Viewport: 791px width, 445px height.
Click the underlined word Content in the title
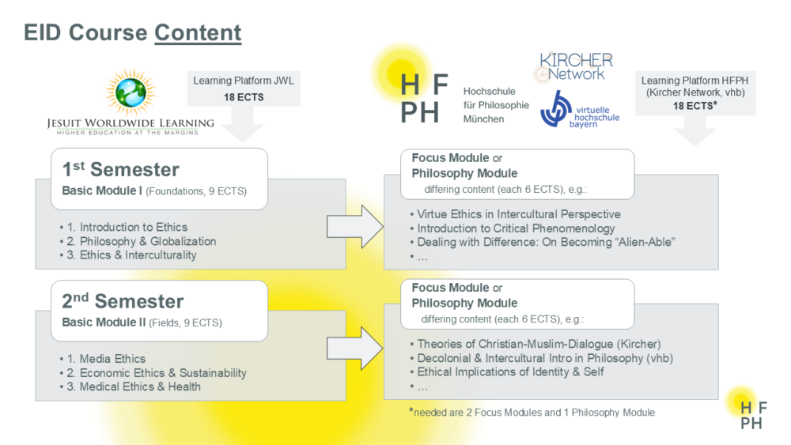tap(198, 32)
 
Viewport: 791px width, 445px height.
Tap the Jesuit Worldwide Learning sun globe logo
tap(131, 92)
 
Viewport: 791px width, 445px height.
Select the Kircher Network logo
tap(574, 67)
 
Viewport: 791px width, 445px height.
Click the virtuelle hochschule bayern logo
tap(580, 109)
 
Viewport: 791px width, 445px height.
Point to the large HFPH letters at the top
tap(424, 98)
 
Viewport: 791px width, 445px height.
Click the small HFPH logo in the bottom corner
tap(753, 415)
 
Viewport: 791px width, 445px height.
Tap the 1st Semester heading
tap(120, 169)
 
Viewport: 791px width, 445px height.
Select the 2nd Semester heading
tap(123, 301)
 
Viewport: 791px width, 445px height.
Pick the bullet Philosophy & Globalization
tap(138, 241)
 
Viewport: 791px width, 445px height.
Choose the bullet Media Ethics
tap(102, 359)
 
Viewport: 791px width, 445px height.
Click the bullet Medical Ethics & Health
tap(131, 387)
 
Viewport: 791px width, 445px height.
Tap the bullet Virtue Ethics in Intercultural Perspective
tap(515, 214)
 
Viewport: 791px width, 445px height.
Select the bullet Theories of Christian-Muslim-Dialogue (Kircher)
tap(536, 344)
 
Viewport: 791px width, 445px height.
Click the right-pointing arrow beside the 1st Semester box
tap(355, 226)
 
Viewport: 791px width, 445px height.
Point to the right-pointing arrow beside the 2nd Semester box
tap(355, 349)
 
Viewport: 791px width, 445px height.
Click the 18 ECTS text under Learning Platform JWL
tap(244, 97)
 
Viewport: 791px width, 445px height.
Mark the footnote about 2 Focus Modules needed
tap(532, 413)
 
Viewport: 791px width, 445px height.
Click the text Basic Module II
tap(104, 322)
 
